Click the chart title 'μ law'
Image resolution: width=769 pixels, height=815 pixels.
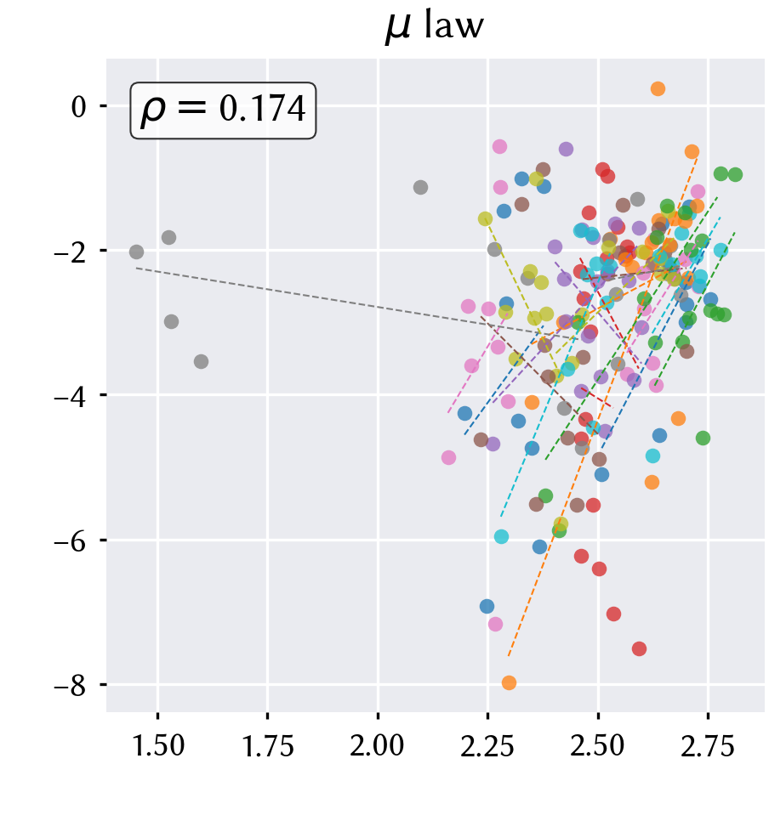[x=434, y=26]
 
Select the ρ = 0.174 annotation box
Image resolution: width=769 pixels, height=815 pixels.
[x=223, y=110]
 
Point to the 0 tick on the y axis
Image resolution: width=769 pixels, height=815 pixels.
[x=78, y=107]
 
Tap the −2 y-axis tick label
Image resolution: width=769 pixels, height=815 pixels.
[x=71, y=252]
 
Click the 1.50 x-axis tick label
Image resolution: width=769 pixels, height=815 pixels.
[x=158, y=745]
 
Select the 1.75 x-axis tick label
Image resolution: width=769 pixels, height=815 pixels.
[x=268, y=745]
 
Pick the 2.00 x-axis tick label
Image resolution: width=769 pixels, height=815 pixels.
[x=378, y=745]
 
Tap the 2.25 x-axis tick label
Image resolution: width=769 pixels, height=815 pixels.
[x=487, y=745]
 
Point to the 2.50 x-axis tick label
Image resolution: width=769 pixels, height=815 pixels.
[x=598, y=745]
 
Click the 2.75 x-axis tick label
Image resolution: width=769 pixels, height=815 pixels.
[x=708, y=745]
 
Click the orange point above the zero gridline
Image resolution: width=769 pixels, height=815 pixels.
[x=658, y=88]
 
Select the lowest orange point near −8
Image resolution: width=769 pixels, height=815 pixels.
[x=509, y=682]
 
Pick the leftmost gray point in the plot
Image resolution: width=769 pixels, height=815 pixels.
[x=136, y=252]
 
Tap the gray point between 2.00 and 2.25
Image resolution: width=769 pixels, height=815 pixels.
[x=420, y=187]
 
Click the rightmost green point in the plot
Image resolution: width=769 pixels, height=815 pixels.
[x=735, y=175]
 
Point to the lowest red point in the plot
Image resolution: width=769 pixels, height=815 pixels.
[x=639, y=648]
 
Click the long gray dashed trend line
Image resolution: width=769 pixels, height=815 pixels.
[x=357, y=303]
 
